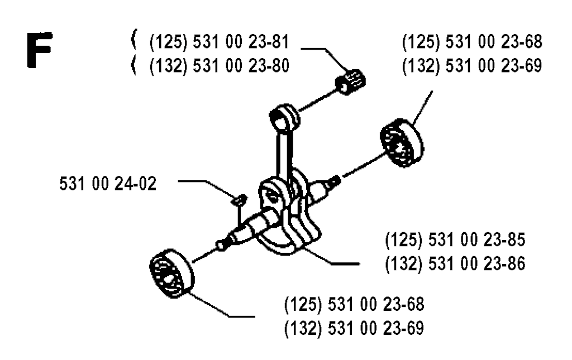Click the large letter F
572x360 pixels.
(x=40, y=50)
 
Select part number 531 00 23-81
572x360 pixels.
(x=241, y=42)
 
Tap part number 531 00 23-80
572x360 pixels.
(x=241, y=66)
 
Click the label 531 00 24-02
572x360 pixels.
(x=108, y=183)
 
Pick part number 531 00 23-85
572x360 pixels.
(x=476, y=240)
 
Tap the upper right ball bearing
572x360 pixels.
(x=402, y=143)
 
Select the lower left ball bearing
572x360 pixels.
(x=172, y=273)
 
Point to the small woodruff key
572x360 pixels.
(x=240, y=200)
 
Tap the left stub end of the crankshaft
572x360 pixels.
(x=222, y=244)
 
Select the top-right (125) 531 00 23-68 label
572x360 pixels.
(x=472, y=42)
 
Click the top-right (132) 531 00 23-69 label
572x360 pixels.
(x=472, y=66)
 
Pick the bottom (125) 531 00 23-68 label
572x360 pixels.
(x=354, y=304)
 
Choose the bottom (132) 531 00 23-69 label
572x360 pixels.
(x=354, y=328)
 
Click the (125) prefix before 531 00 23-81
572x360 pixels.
(x=169, y=42)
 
